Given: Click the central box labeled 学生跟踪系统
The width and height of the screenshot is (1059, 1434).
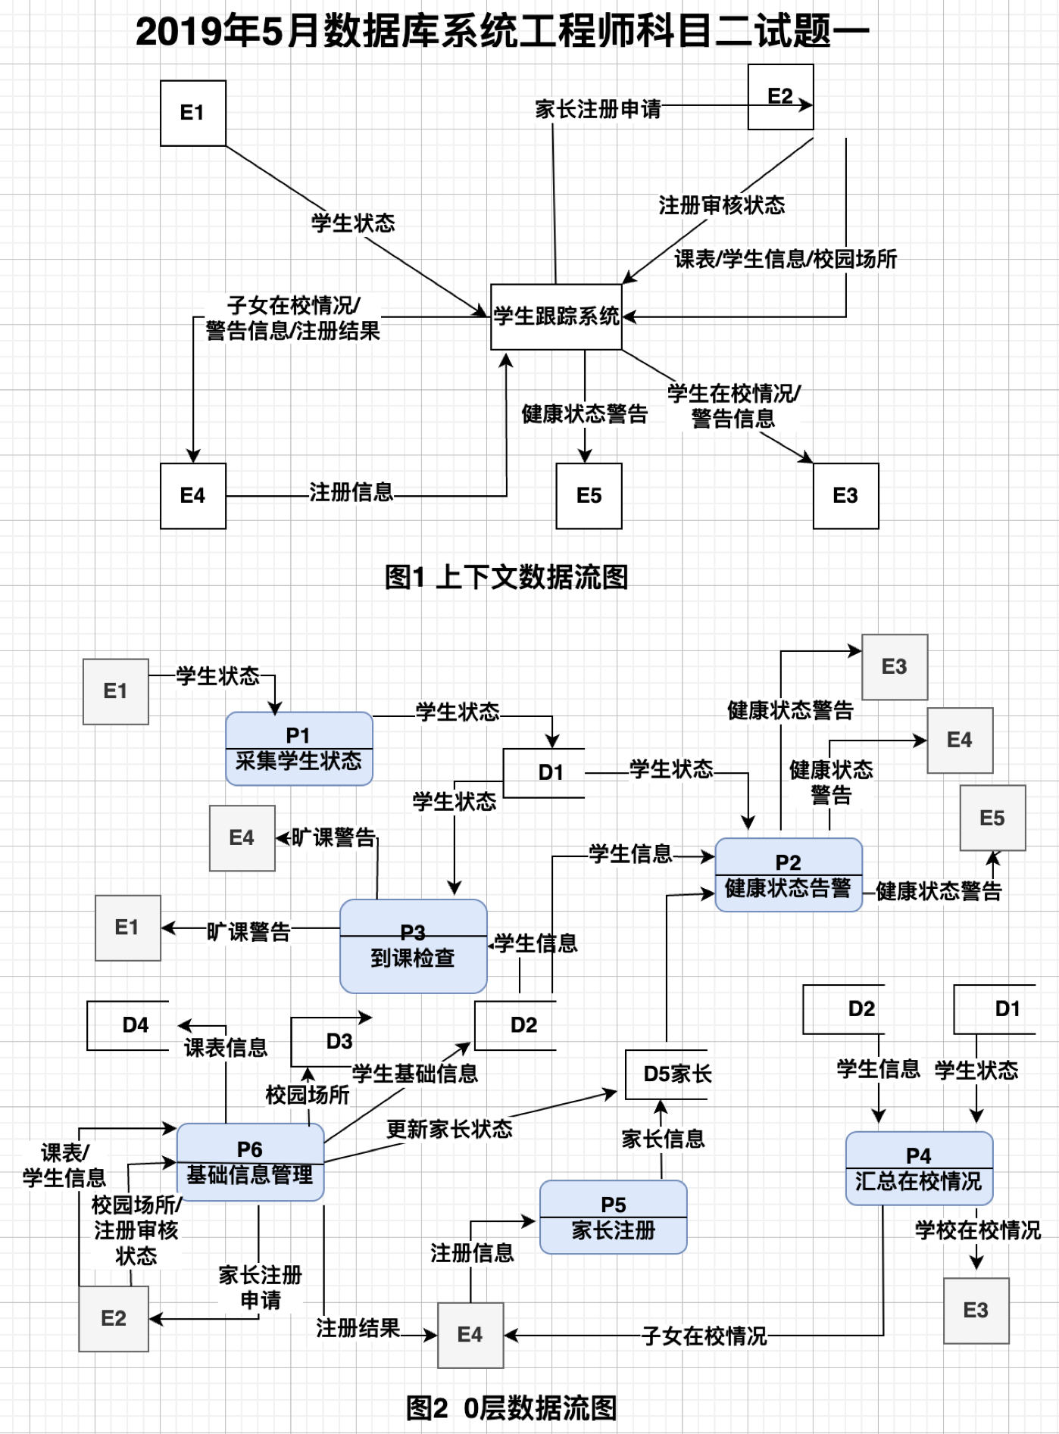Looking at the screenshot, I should [x=556, y=316].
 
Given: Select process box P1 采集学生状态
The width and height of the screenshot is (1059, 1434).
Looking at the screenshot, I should [x=298, y=748].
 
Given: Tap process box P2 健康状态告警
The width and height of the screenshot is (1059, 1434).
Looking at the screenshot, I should [x=788, y=874].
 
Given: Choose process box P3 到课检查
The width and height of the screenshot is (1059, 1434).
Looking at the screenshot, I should [x=413, y=946].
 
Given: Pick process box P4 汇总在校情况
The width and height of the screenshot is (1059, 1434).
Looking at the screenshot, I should [x=918, y=1167].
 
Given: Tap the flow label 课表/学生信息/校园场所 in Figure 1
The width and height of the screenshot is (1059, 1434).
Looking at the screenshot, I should [x=785, y=259].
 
